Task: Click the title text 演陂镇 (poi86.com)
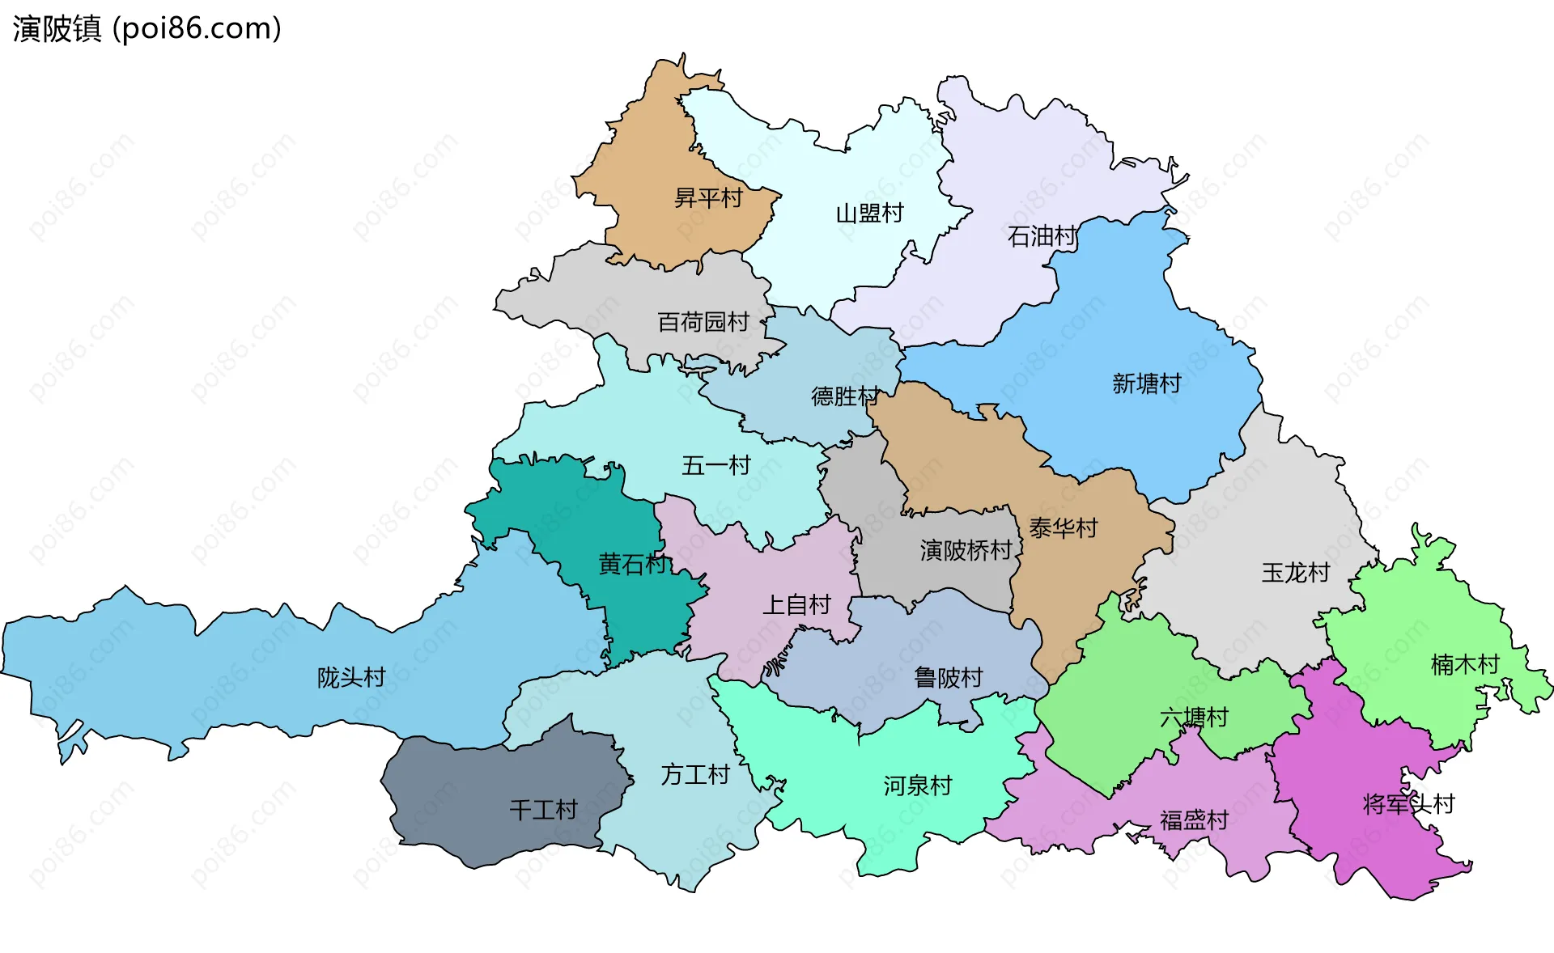[x=146, y=28]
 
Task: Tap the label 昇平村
[x=708, y=197]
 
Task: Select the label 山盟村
[x=869, y=214]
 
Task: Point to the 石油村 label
[x=1042, y=236]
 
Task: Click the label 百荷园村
[x=703, y=322]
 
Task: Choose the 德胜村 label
[x=845, y=396]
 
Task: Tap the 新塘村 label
[x=1146, y=383]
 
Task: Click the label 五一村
[x=715, y=465]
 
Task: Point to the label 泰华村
[x=1063, y=528]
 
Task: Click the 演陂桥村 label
[x=966, y=551]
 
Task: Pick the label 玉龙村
[x=1295, y=573]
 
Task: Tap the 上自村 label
[x=796, y=604]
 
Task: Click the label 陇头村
[x=350, y=677]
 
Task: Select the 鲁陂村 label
[x=948, y=677]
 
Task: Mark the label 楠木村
[x=1465, y=664]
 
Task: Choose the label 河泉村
[x=917, y=786]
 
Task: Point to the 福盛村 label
[x=1194, y=820]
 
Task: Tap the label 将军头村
[x=1408, y=804]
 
